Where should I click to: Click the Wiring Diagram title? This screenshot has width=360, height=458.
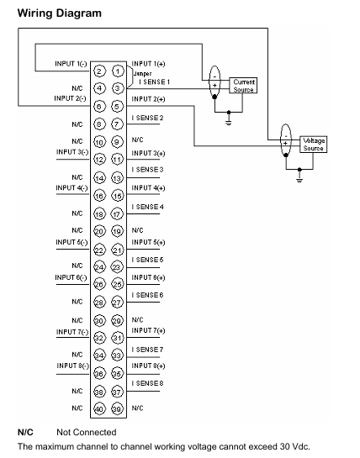point(60,13)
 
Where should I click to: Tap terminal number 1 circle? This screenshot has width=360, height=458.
point(118,71)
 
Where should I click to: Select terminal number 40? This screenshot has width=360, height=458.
point(99,409)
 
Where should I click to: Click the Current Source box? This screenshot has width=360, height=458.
point(243,86)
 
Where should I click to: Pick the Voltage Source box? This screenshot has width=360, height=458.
point(313,145)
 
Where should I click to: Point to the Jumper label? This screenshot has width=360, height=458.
point(142,74)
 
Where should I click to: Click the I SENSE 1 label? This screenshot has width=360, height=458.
point(155,82)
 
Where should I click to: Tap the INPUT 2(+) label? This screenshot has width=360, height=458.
point(148,99)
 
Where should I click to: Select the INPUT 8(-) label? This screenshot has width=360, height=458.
point(73,366)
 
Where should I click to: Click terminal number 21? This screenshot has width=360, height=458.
point(117,250)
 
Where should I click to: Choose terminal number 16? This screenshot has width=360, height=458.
point(99,196)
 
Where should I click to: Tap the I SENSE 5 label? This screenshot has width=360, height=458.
point(147,260)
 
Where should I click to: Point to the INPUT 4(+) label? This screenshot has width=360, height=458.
point(148,187)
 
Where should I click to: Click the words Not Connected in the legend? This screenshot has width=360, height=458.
point(87,432)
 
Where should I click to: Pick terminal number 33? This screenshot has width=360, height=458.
point(117,355)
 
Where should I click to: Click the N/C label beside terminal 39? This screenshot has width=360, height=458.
point(137,408)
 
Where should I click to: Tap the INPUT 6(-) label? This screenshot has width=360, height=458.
point(71,278)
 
